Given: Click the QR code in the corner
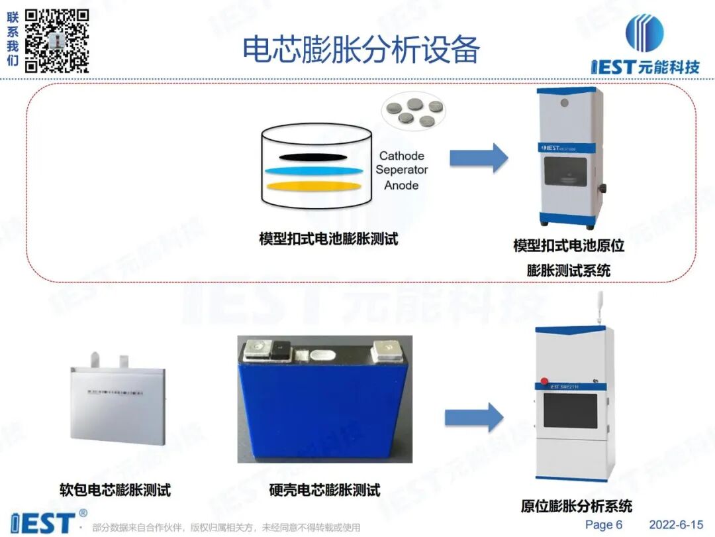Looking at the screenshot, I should click(57, 40).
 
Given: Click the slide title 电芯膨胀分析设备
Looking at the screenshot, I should click(361, 49).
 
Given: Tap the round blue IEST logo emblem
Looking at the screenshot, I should click(644, 32).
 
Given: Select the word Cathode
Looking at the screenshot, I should click(402, 156).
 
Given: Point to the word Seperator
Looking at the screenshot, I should click(402, 170).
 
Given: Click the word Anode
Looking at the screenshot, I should click(401, 185).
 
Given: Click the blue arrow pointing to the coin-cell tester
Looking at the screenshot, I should click(479, 158).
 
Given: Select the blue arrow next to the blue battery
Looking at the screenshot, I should click(474, 418).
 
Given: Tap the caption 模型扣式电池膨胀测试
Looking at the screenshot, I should click(328, 239).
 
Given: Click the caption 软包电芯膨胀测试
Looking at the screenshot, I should click(115, 490).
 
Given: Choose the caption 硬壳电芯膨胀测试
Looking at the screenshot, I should click(325, 491).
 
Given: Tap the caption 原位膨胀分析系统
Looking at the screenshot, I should click(576, 507).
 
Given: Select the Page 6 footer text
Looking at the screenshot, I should click(604, 524).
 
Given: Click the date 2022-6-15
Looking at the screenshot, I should click(675, 524).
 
